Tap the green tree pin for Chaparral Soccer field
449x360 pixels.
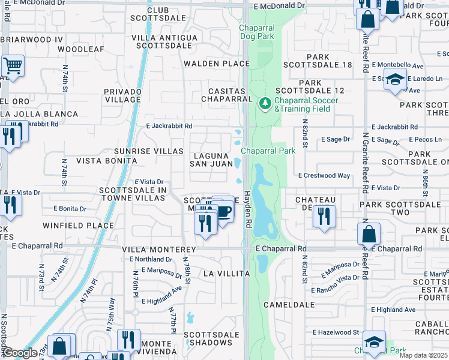pyautogui.click(x=265, y=104)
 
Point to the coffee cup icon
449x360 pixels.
pyautogui.click(x=223, y=212)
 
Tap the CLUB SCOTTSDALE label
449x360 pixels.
pyautogui.click(x=158, y=14)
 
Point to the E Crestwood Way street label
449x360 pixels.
pyautogui.click(x=324, y=176)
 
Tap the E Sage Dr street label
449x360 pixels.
pyautogui.click(x=335, y=139)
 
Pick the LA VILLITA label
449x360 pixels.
pyautogui.click(x=226, y=274)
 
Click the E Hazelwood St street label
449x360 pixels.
pyautogui.click(x=336, y=332)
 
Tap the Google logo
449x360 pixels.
pyautogui.click(x=19, y=353)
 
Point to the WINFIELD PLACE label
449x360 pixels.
pyautogui.click(x=78, y=226)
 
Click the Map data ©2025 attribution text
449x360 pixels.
pyautogui.click(x=423, y=355)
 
